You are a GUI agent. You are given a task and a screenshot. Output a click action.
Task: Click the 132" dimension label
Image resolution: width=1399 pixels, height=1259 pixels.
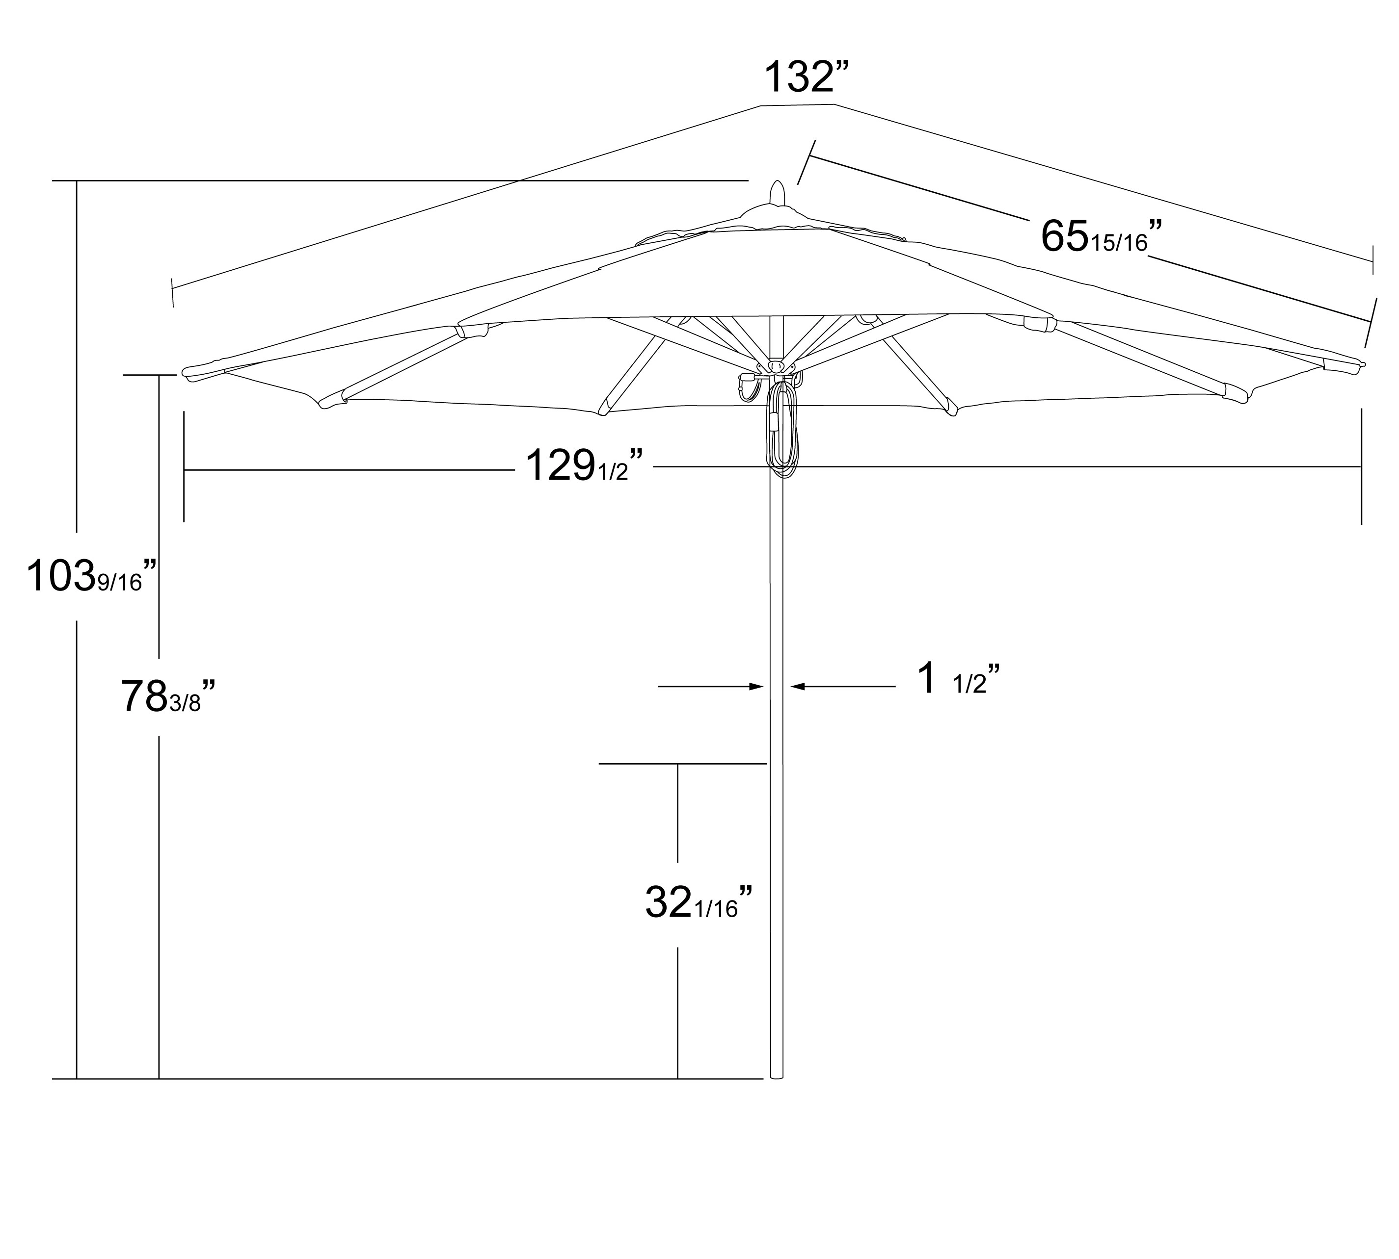(805, 77)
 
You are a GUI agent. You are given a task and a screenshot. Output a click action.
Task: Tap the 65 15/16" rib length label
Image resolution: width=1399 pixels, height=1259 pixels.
(1101, 236)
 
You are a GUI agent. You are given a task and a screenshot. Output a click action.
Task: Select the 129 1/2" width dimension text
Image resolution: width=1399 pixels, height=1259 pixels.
(584, 465)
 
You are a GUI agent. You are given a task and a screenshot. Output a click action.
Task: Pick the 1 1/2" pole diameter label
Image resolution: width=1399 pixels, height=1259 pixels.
(958, 679)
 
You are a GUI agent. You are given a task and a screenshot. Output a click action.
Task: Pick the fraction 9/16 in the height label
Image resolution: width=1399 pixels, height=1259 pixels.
(119, 583)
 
